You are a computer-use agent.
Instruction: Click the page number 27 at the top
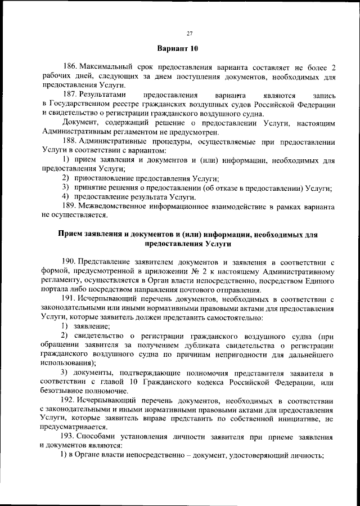click(x=190, y=33)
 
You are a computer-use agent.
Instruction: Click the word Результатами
click(x=106, y=94)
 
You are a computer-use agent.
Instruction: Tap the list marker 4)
click(x=65, y=196)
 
